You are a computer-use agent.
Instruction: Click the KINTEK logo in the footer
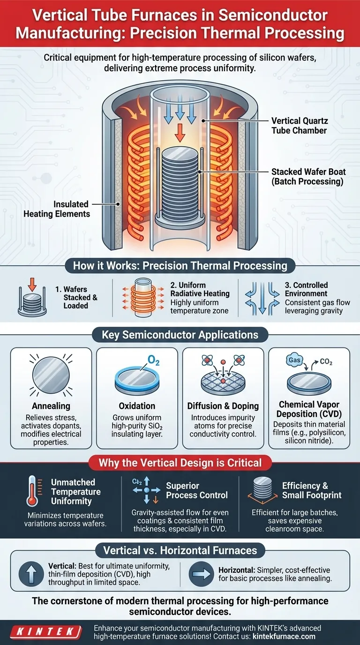46,632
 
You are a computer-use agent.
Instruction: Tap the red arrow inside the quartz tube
180,133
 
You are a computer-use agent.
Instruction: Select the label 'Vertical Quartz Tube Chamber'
300,126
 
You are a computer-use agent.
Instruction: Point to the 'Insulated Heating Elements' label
57,209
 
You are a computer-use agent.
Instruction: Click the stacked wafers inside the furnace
180,184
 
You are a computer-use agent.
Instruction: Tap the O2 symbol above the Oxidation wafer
153,360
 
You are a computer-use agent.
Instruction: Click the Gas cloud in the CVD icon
295,360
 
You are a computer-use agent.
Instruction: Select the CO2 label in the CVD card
326,362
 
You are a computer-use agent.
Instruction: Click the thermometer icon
32,491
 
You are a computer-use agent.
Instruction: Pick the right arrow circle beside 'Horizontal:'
201,574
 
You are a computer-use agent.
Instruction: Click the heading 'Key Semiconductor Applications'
180,335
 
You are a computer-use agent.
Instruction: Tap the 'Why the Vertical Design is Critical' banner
180,463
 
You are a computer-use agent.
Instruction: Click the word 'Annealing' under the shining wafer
51,406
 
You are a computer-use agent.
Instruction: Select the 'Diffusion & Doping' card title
223,406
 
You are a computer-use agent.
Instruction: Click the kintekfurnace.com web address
284,636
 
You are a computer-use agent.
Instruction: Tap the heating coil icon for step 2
143,298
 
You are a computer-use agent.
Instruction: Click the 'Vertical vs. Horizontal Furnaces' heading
180,550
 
